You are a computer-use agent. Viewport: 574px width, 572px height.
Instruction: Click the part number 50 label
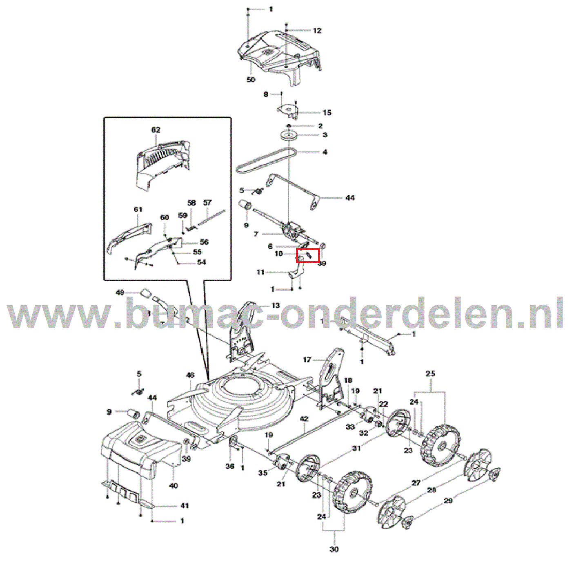[251, 80]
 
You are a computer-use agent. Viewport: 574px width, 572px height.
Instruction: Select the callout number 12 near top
[317, 31]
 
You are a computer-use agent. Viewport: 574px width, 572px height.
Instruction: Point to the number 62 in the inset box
[156, 130]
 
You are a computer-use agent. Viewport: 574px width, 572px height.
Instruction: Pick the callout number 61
[138, 210]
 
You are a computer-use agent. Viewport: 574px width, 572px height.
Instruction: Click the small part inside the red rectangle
[309, 255]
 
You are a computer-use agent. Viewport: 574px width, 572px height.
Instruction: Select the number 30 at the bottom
[334, 549]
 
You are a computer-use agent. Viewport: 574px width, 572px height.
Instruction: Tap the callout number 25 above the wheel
[430, 373]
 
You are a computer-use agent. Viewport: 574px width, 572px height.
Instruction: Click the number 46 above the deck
[190, 375]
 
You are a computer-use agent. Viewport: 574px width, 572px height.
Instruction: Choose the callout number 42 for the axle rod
[304, 419]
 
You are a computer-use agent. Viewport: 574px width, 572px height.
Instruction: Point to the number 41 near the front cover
[185, 506]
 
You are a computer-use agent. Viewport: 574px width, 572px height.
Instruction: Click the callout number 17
[307, 360]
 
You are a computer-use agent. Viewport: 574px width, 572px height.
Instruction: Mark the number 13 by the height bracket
[276, 306]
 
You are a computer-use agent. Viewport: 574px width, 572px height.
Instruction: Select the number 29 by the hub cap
[448, 500]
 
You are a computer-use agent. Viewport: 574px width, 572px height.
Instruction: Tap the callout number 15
[327, 113]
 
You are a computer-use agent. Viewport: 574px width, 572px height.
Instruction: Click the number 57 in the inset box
[207, 203]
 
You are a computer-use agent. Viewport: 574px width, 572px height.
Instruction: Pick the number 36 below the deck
[230, 466]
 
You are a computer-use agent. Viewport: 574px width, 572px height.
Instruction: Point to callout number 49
[120, 293]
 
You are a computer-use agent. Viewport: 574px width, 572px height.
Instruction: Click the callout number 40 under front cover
[173, 486]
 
